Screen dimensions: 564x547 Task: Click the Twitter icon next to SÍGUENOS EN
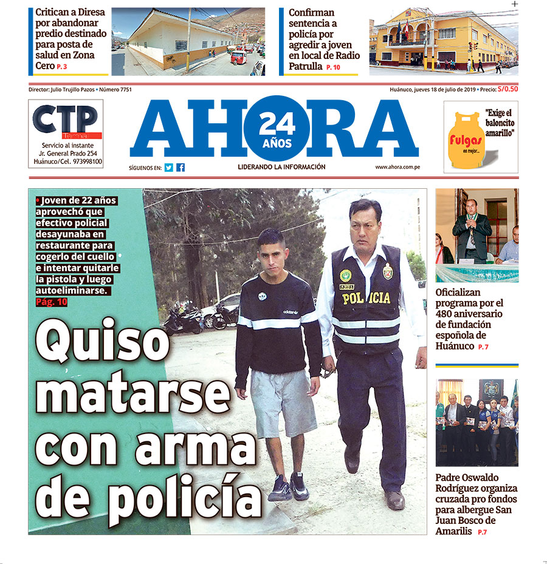pos(168,168)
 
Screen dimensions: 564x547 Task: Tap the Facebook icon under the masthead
pos(181,168)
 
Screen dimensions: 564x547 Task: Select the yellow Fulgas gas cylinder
pos(466,140)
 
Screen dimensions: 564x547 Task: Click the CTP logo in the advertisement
pos(65,121)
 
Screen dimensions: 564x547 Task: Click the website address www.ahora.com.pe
pos(398,167)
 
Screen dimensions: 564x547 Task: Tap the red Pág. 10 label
pos(52,302)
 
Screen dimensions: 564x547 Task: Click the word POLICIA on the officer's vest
pos(366,297)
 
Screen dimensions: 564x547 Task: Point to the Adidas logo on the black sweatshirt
pos(291,311)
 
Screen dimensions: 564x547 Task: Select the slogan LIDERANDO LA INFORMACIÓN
pos(281,167)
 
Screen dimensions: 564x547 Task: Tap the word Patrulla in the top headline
pos(306,66)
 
